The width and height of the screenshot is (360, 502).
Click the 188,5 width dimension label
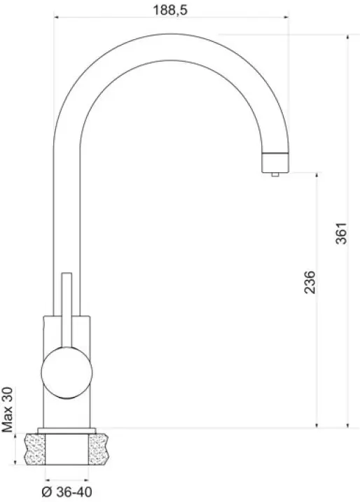tap(170, 10)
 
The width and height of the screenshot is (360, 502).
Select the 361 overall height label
tap(341, 233)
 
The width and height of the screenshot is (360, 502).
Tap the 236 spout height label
tap(310, 282)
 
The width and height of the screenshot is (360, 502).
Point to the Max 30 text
tap(8, 410)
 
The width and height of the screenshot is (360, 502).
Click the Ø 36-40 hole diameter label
tap(67, 491)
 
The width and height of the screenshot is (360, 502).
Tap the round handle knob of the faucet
tap(67, 372)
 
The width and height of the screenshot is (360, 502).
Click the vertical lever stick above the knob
tap(67, 310)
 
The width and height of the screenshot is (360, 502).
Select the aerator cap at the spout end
tap(275, 162)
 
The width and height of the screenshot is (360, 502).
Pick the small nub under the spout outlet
tap(275, 174)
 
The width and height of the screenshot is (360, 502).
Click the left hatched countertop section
tap(35, 449)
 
